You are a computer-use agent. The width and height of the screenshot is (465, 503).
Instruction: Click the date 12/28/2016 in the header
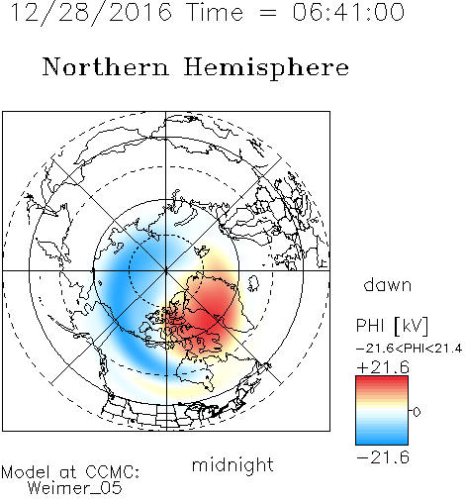coord(91,13)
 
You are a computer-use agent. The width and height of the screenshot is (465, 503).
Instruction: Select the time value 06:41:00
coord(348,12)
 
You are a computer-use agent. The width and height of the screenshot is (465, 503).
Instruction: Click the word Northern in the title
coord(106,66)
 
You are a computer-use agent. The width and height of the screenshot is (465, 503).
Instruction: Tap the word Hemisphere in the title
coord(266,68)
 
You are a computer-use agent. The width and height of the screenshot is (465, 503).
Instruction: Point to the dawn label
coord(388,284)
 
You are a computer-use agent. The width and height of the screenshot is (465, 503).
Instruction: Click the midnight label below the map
coord(232,464)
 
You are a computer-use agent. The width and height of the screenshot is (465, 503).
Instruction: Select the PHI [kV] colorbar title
coord(392,326)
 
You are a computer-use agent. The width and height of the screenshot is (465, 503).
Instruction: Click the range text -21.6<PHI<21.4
coord(409,349)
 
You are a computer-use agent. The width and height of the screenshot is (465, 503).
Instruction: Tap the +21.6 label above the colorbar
coord(383,367)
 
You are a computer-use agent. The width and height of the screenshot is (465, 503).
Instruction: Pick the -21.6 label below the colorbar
coord(383,457)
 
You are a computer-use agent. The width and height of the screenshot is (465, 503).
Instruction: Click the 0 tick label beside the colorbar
coord(417,412)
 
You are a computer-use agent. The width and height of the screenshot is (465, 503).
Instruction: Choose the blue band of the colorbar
coord(382,435)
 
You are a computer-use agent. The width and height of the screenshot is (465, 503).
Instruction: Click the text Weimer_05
coord(75,488)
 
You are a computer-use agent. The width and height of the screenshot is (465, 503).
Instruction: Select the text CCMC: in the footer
coord(113,472)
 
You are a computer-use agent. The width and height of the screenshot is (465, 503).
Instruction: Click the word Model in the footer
coord(26,472)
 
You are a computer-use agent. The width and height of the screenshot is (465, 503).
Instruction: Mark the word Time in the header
coord(215,12)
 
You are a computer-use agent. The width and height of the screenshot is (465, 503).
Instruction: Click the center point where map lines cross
coord(166,270)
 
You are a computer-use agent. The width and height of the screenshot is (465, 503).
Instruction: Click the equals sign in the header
coord(267,13)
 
